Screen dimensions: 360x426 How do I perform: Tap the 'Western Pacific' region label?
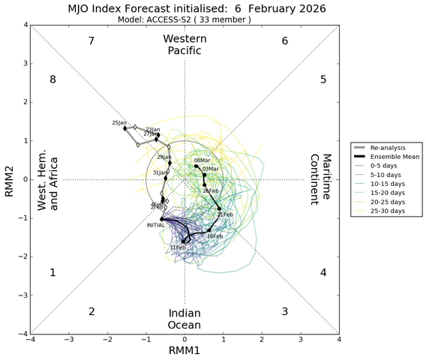pyautogui.click(x=184, y=44)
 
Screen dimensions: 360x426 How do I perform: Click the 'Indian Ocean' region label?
pyautogui.click(x=184, y=319)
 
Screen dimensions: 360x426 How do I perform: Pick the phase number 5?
pyautogui.click(x=323, y=79)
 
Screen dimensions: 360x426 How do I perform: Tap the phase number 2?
pyautogui.click(x=91, y=312)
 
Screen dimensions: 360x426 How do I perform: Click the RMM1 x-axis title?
pyautogui.click(x=184, y=351)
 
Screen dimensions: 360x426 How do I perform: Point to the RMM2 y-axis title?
pyautogui.click(x=9, y=180)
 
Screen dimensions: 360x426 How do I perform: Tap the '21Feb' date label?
pyautogui.click(x=225, y=215)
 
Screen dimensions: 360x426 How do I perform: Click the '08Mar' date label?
pyautogui.click(x=202, y=160)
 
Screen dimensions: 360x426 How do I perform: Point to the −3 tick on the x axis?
pyautogui.click(x=68, y=340)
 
